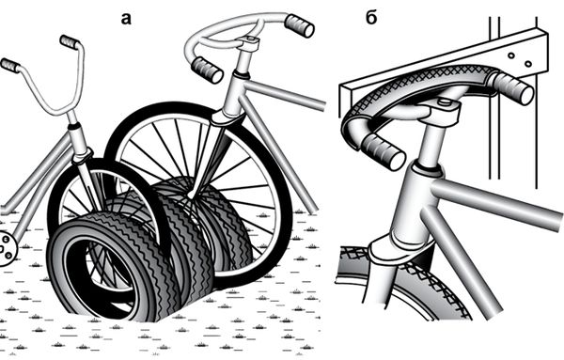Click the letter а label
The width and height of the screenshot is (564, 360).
[x=126, y=19]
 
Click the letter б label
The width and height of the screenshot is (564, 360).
[x=371, y=17]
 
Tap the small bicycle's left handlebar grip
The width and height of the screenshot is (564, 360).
[x=10, y=66]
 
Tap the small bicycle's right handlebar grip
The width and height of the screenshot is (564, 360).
[x=70, y=41]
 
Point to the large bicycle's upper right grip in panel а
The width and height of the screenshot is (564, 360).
[x=299, y=25]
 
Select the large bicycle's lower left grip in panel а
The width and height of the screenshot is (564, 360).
[x=207, y=70]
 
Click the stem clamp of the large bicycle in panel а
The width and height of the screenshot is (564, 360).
[x=249, y=43]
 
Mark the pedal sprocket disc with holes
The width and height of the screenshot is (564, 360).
[x=7, y=249]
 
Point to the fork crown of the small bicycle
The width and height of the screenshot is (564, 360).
[x=83, y=157]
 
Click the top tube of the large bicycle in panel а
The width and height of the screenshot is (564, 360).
[x=284, y=94]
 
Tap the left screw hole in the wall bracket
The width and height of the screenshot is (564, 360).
[x=510, y=55]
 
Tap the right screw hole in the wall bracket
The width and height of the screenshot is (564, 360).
[x=528, y=64]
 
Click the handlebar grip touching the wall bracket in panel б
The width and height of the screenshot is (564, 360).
[x=512, y=87]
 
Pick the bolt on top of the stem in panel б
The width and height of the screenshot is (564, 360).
[x=445, y=102]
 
